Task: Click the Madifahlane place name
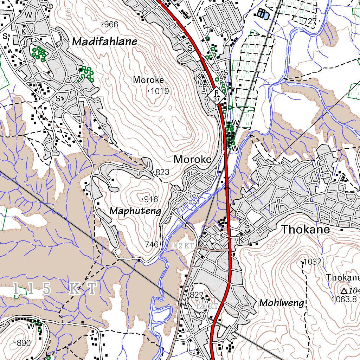pyautogui.click(x=104, y=41)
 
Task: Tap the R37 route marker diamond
pyautogui.click(x=217, y=95)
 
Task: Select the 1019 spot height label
pyautogui.click(x=160, y=91)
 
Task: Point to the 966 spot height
pyautogui.click(x=110, y=25)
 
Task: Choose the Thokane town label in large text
pyautogui.click(x=306, y=230)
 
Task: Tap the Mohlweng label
pyautogui.click(x=281, y=302)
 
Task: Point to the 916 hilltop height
pyautogui.click(x=151, y=200)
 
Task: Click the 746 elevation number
pyautogui.click(x=152, y=244)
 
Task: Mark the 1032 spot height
pyautogui.click(x=313, y=262)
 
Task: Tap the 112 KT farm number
pyautogui.click(x=182, y=246)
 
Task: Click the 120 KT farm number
pyautogui.click(x=207, y=306)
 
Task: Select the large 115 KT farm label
pyautogui.click(x=54, y=289)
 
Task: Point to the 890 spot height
pyautogui.click(x=24, y=343)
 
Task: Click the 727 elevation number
pyautogui.click(x=310, y=21)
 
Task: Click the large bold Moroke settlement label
pyautogui.click(x=193, y=159)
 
